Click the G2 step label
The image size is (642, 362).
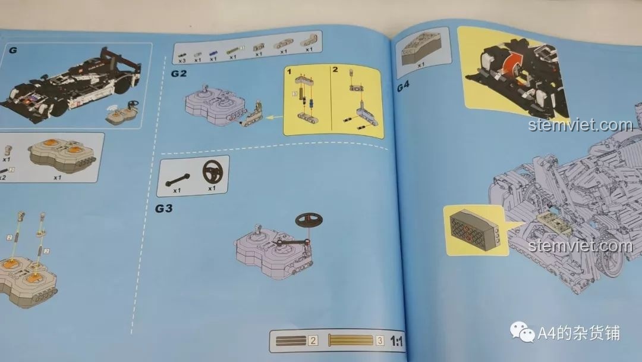tap(179, 74)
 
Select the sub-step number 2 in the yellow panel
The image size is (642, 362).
tap(335, 70)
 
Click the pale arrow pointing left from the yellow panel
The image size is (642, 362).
tap(274, 117)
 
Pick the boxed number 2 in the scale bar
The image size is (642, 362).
tap(313, 341)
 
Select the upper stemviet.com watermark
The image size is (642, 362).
tap(580, 125)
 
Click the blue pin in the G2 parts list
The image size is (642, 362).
tap(213, 52)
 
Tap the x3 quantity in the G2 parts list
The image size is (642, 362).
tap(182, 60)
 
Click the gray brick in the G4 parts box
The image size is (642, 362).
tap(421, 48)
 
